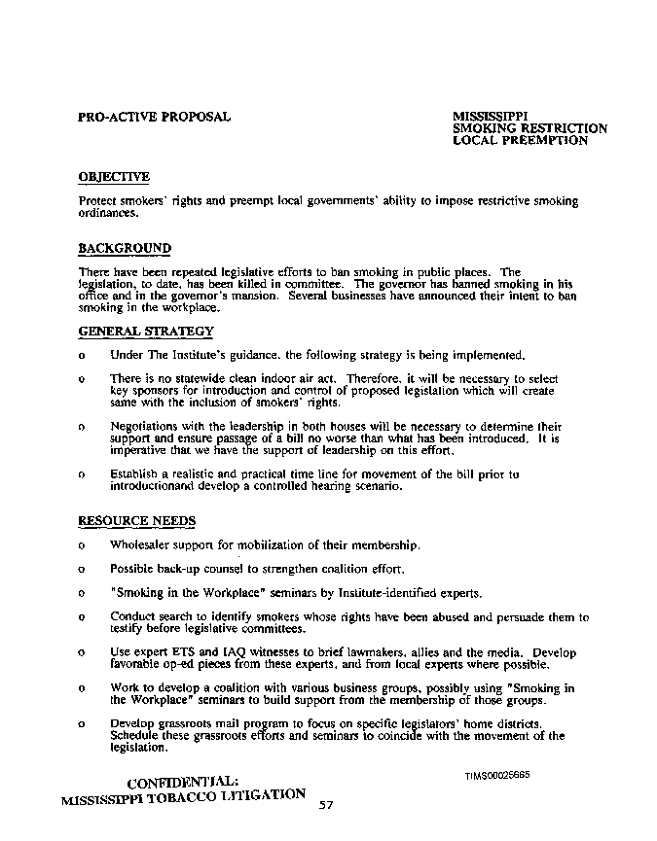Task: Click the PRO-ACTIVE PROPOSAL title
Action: pyautogui.click(x=154, y=117)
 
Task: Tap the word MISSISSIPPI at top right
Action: pyautogui.click(x=491, y=117)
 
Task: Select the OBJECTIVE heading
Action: pyautogui.click(x=114, y=177)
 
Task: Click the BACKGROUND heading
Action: pyautogui.click(x=125, y=249)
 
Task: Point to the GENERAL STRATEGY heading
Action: pyautogui.click(x=146, y=333)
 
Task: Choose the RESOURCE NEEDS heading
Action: pyautogui.click(x=136, y=521)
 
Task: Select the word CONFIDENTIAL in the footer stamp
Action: pyautogui.click(x=182, y=781)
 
